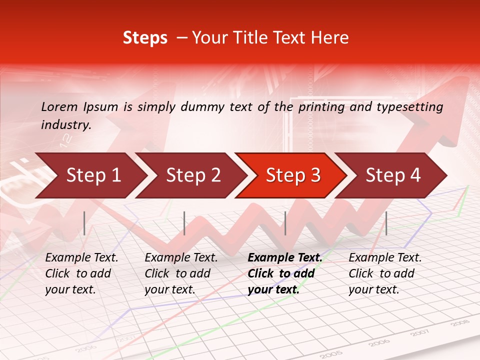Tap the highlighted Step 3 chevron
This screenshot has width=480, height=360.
click(293, 175)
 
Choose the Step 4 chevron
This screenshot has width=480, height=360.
click(393, 175)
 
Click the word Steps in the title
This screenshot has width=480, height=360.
click(145, 37)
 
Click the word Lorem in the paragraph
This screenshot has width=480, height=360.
click(59, 106)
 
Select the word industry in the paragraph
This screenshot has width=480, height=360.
click(65, 124)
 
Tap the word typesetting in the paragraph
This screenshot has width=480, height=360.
click(410, 106)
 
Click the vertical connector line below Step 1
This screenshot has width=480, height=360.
click(84, 223)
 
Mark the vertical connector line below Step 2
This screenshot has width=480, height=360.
click(184, 223)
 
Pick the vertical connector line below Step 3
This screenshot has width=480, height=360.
click(285, 223)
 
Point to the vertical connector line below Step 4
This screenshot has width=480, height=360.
click(386, 223)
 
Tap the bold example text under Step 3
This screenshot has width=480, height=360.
click(284, 273)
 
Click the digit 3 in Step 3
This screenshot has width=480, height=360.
click(314, 175)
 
